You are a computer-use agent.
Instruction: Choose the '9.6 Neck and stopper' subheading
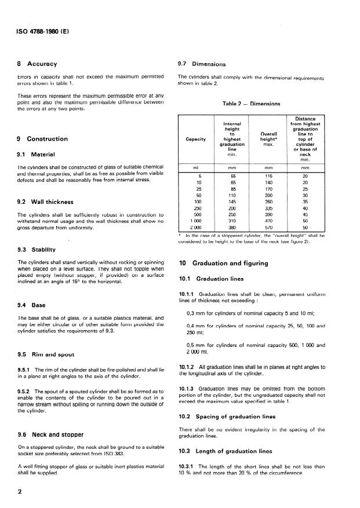(50, 434)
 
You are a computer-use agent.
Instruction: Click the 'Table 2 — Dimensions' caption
(251, 104)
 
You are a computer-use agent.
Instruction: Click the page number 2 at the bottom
(20, 491)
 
